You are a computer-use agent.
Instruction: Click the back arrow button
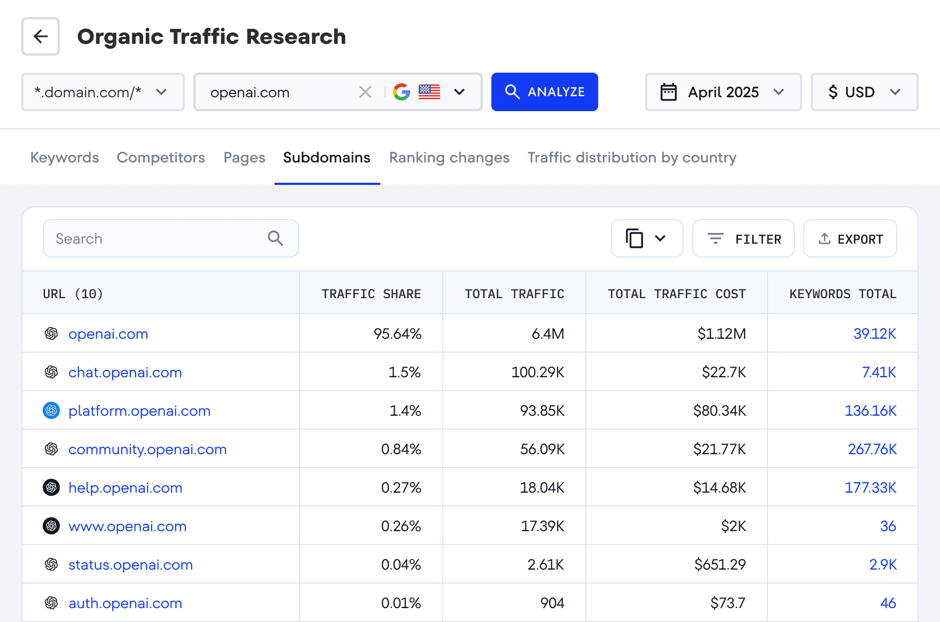point(41,36)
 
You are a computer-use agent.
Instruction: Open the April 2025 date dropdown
point(723,92)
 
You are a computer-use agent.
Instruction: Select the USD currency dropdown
point(864,92)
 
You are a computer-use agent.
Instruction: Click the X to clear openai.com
point(365,92)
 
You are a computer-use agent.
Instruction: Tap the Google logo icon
point(402,92)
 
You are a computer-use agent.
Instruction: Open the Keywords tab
point(65,158)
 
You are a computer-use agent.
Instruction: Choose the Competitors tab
point(161,158)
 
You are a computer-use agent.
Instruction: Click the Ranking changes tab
point(449,158)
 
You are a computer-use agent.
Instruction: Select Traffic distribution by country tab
point(632,158)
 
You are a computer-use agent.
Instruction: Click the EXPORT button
point(850,239)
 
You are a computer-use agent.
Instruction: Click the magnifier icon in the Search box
point(276,238)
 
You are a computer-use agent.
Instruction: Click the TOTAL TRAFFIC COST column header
point(676,294)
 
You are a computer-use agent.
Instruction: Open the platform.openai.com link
point(139,411)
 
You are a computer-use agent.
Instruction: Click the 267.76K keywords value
point(872,449)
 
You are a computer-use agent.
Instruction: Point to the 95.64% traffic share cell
point(397,334)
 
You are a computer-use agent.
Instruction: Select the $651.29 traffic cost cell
point(719,565)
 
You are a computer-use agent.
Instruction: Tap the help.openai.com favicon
point(51,487)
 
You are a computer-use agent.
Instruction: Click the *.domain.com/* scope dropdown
point(103,92)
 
